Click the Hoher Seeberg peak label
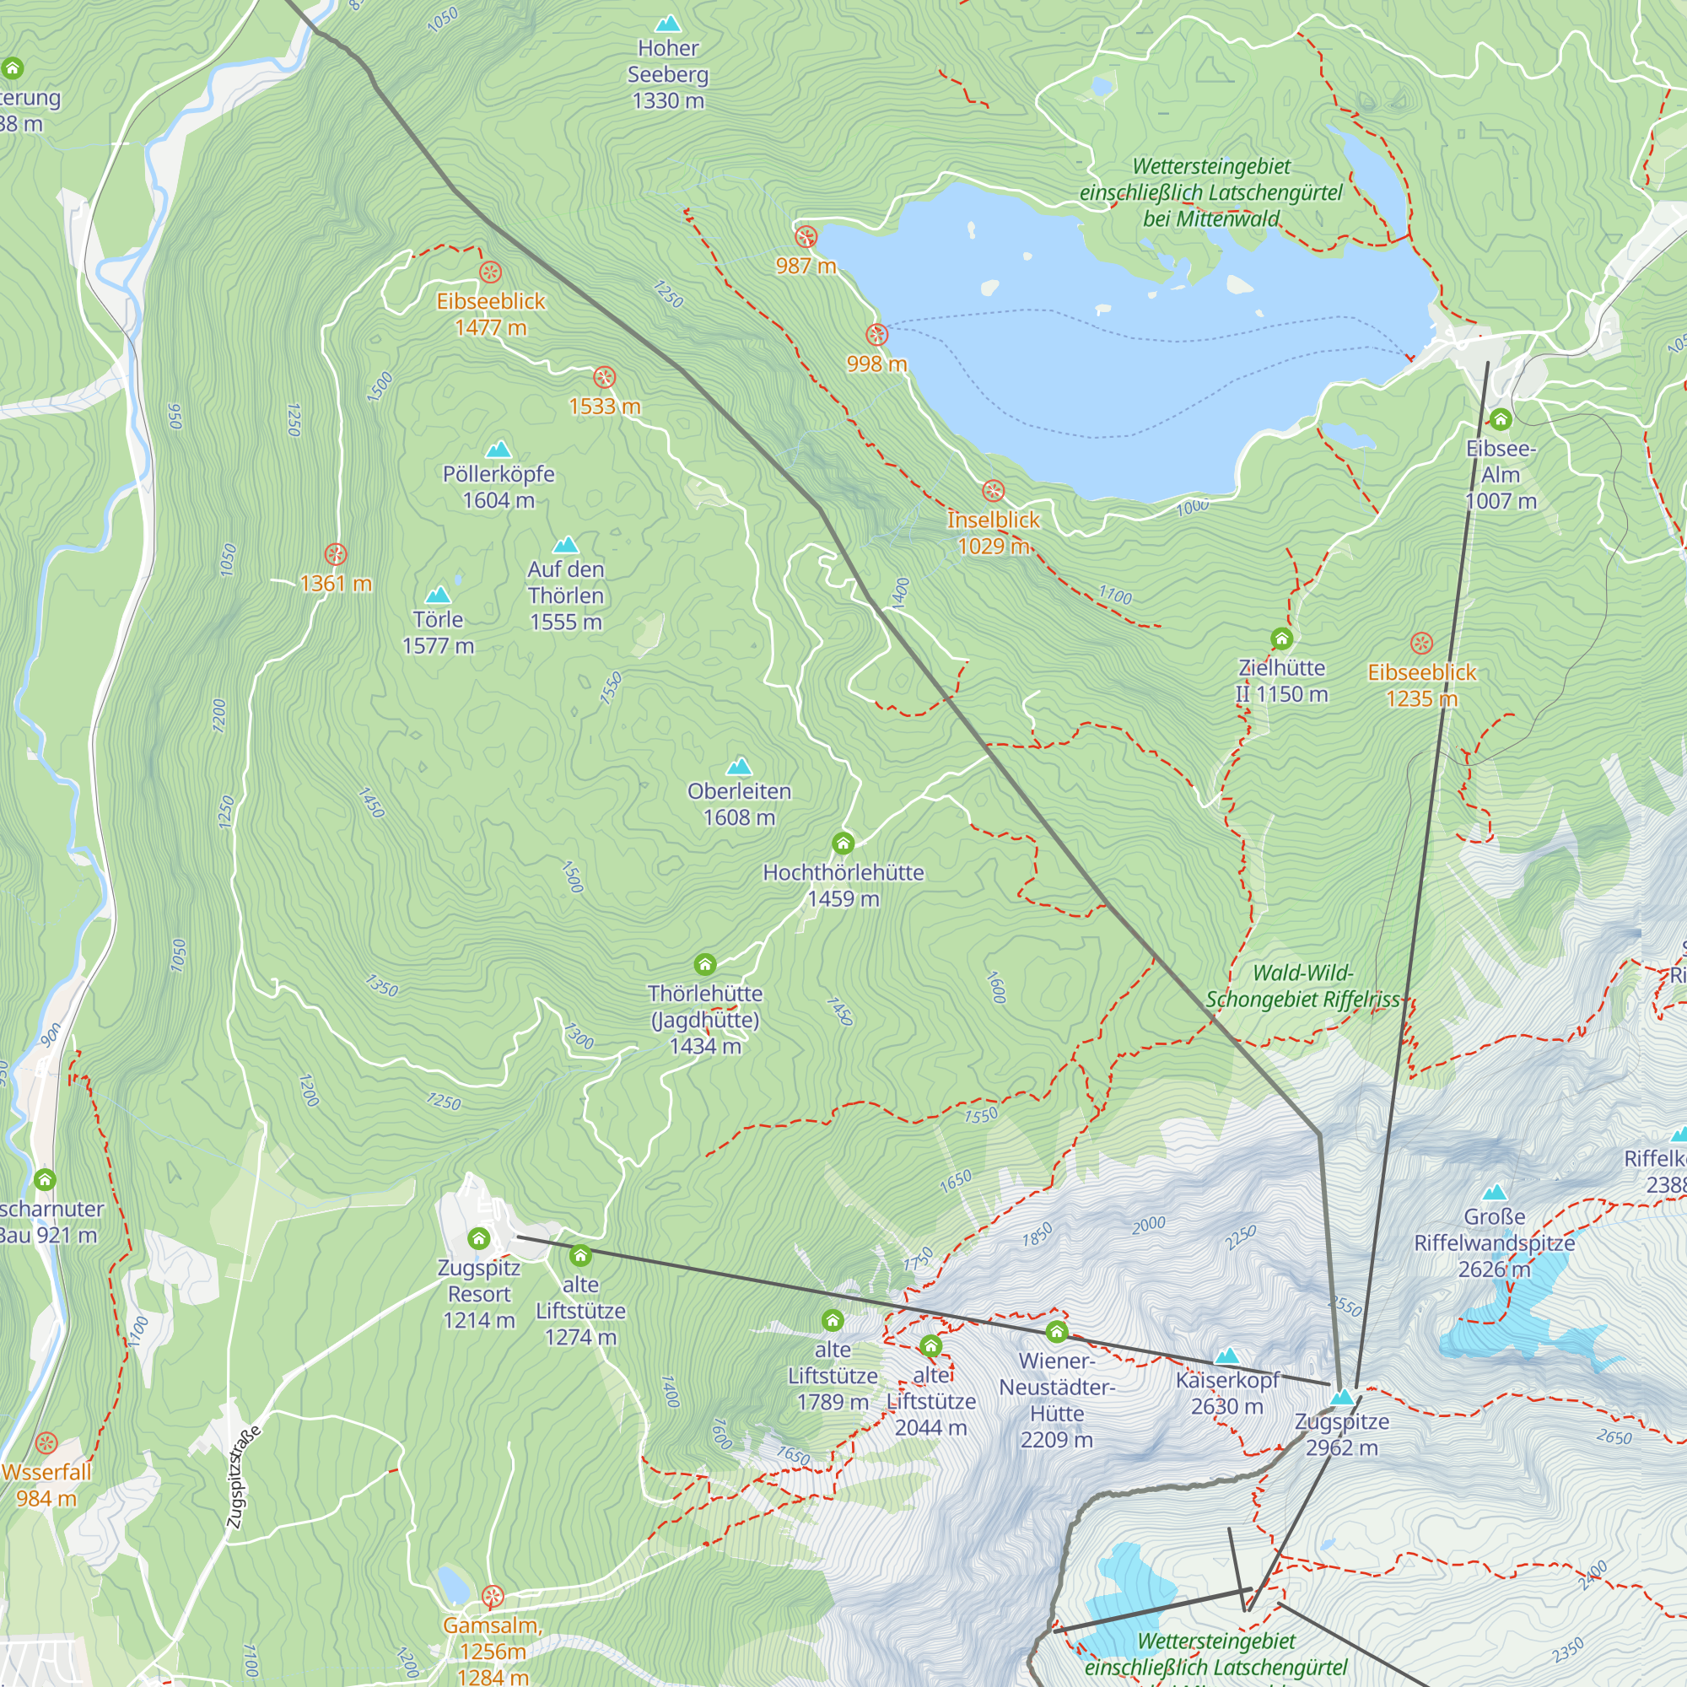[668, 74]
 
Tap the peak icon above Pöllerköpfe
[499, 450]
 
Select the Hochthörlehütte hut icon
[843, 843]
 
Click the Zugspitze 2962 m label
[1341, 1434]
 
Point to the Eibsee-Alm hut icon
[1500, 419]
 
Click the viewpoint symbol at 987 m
[806, 237]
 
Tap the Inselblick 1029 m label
[994, 532]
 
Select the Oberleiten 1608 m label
[739, 804]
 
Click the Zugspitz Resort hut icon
[478, 1238]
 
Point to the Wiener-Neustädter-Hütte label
[1057, 1399]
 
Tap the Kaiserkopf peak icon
[1226, 1356]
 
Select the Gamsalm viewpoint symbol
[493, 1598]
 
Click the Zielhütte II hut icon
[1281, 639]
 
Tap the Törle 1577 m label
[438, 632]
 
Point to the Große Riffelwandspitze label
[1494, 1242]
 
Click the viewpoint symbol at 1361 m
[337, 554]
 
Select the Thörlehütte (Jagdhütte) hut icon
[704, 964]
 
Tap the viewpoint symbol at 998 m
[876, 334]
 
